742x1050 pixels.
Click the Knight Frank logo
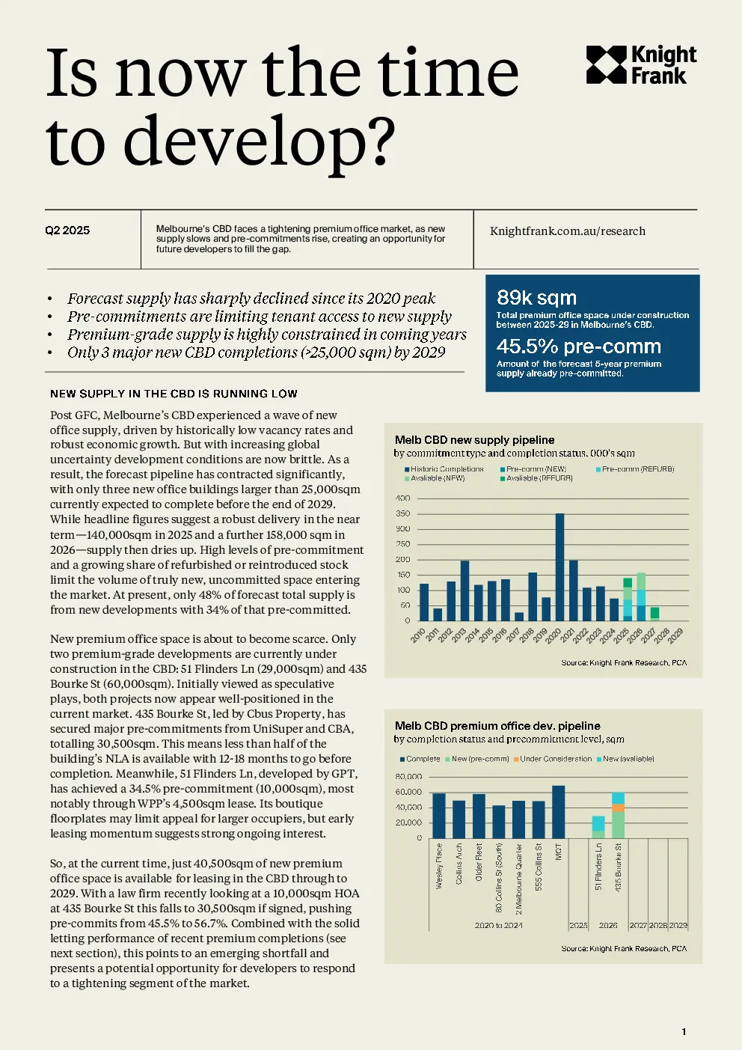tap(641, 64)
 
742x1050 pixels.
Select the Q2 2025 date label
tap(67, 231)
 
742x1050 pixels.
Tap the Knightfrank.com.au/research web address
tap(567, 231)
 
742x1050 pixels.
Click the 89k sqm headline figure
tap(536, 297)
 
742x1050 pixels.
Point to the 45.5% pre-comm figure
tap(578, 346)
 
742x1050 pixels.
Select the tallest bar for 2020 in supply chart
tap(559, 567)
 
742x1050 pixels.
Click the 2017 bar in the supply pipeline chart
tap(519, 617)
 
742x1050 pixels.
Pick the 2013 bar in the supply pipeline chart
tap(464, 590)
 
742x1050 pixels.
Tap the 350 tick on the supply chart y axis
tap(403, 513)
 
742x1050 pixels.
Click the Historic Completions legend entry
tap(444, 468)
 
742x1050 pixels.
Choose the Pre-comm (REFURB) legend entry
tap(635, 468)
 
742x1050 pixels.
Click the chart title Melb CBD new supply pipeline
tap(474, 440)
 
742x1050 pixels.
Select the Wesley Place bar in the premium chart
tap(439, 816)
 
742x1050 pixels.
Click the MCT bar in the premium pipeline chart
tap(559, 812)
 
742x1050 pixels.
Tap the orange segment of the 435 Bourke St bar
tap(618, 808)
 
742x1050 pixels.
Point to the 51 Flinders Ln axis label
tap(598, 867)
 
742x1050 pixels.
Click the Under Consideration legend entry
tap(553, 758)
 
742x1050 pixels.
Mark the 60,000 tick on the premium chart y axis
tap(408, 792)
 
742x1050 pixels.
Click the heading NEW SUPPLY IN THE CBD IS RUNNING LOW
tap(174, 394)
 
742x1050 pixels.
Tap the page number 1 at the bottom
tap(684, 1032)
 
